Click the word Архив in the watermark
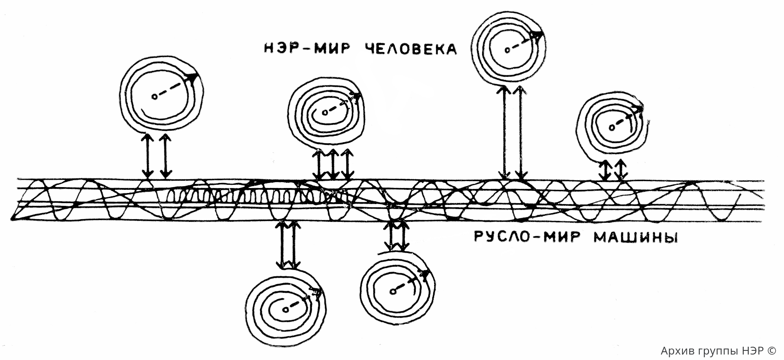point(674,350)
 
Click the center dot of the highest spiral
point(507,50)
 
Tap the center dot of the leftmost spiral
point(154,97)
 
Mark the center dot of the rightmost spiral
point(612,127)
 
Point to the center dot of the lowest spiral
point(285,310)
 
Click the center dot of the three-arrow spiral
point(325,113)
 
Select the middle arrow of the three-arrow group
point(333,164)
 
